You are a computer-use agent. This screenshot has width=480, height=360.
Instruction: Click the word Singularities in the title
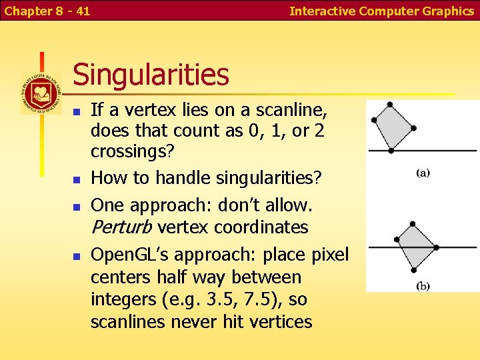(x=151, y=75)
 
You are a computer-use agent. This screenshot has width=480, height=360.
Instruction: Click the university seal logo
(x=41, y=93)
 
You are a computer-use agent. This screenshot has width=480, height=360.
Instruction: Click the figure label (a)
(x=423, y=173)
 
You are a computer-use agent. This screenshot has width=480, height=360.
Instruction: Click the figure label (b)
(x=423, y=287)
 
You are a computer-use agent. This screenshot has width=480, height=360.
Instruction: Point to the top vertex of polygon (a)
(x=390, y=105)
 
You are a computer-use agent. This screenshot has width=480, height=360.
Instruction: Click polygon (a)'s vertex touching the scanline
(x=390, y=150)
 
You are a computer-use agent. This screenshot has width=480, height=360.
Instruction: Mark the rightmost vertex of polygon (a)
(x=414, y=128)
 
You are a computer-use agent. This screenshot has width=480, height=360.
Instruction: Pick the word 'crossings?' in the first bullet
(x=132, y=151)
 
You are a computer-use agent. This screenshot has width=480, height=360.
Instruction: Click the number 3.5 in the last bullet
(x=217, y=299)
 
